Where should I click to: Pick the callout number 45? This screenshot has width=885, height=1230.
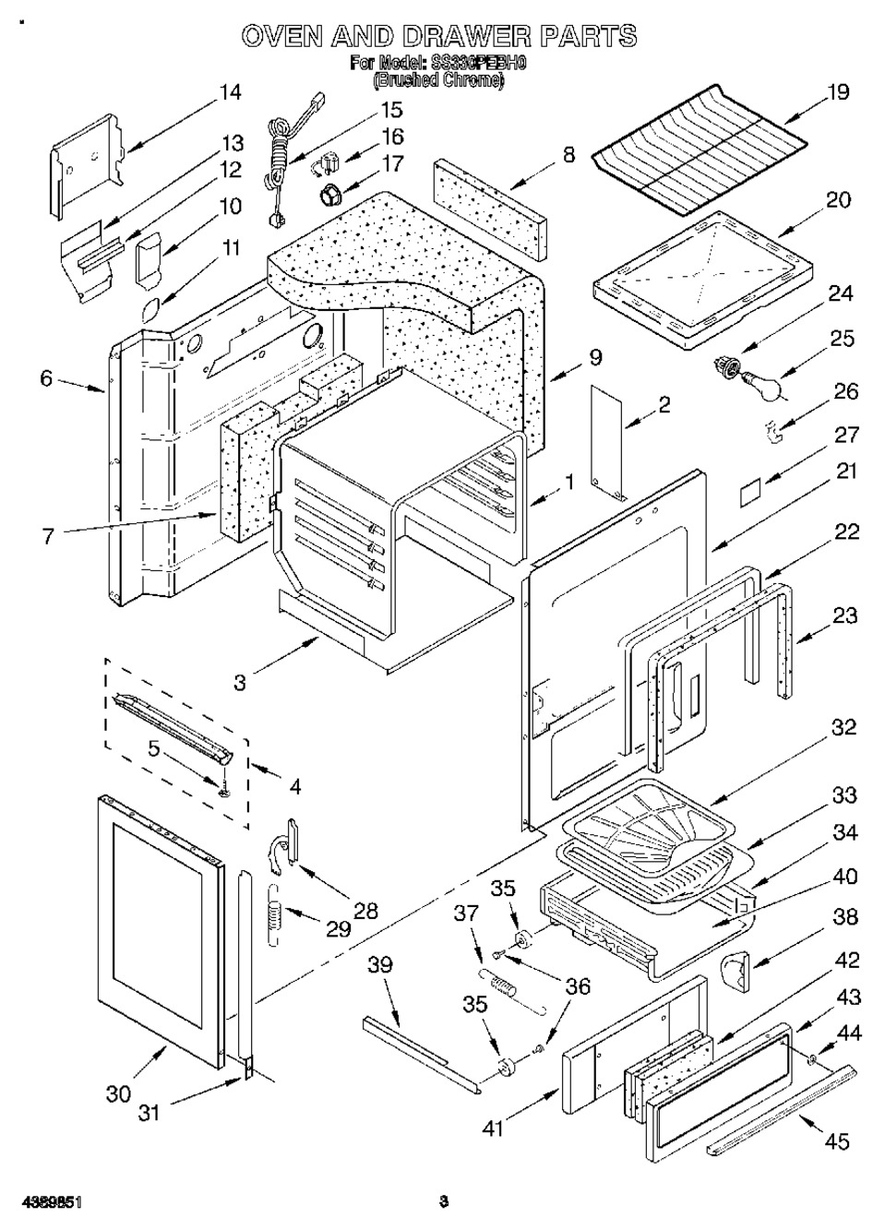pos(836,1142)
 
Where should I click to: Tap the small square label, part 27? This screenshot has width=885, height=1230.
pos(752,494)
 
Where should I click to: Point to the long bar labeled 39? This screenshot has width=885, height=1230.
pos(420,1049)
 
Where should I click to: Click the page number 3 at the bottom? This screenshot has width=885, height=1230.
pos(444,1201)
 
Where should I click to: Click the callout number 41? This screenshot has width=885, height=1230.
pos(494,1127)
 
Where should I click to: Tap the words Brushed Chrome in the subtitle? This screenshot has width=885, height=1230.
pos(438,81)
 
